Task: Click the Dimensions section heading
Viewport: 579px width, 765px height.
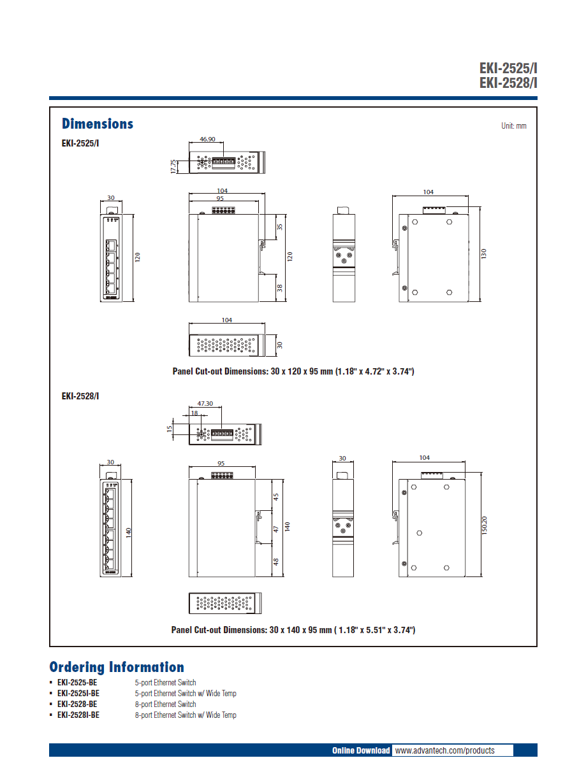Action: point(98,124)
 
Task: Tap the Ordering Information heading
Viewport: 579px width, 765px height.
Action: point(117,667)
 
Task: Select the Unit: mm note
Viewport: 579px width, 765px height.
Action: point(513,126)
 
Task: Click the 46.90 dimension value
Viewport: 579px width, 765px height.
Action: point(208,138)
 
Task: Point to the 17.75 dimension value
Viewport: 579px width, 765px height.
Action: point(173,166)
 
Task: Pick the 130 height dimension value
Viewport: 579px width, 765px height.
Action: point(483,254)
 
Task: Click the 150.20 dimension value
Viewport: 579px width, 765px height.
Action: point(484,524)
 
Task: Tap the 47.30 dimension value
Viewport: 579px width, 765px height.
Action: point(205,403)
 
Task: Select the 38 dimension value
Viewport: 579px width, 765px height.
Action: point(280,287)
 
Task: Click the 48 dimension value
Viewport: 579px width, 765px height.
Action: point(276,562)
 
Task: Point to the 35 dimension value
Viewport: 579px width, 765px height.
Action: point(280,227)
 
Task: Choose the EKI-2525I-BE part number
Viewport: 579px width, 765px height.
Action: point(78,693)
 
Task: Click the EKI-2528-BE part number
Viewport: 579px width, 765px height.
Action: point(77,704)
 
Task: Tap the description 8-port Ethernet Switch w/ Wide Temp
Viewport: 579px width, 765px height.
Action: point(186,715)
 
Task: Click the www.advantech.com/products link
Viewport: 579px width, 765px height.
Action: point(444,750)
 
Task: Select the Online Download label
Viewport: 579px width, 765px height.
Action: point(361,750)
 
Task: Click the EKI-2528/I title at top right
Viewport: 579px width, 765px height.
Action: point(508,83)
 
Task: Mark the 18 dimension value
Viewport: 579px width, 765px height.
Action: point(194,413)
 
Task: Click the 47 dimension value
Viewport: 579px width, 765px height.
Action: point(276,529)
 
